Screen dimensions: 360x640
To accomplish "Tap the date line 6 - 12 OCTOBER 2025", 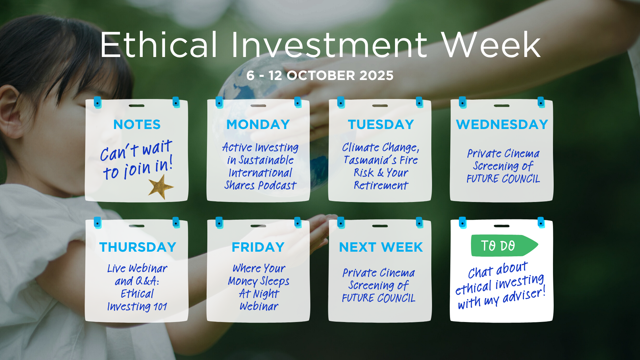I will [x=320, y=75].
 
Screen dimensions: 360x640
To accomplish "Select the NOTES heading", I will [x=137, y=124].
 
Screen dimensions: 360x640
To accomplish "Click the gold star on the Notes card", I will [x=161, y=187].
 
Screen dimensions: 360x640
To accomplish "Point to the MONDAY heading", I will [x=258, y=124].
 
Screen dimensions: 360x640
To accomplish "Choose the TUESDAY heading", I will [x=381, y=124].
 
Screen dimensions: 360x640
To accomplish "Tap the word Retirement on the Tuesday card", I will [x=381, y=185].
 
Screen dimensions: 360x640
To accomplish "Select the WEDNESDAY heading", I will [x=502, y=124].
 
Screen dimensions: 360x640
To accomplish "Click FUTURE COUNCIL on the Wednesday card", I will [x=503, y=179].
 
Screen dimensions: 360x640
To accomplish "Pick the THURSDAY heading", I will [x=138, y=247].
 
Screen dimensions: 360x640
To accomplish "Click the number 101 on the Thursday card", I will [x=160, y=307].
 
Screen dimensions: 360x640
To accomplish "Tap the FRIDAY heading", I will [x=258, y=247].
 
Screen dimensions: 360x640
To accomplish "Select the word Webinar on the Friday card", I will [x=259, y=306].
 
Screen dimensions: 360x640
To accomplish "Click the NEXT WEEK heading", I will [x=381, y=247].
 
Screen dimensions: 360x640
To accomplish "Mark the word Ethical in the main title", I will [x=159, y=45].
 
